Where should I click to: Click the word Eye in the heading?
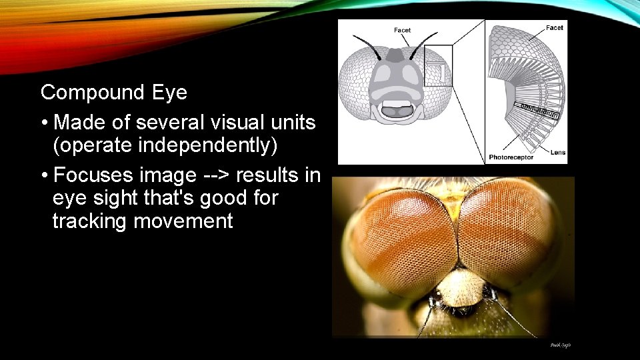pos(169,93)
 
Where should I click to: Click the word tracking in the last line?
pos(91,221)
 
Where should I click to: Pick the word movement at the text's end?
pos(183,221)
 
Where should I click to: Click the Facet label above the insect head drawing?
pos(403,30)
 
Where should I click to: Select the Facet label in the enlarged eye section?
pos(554,27)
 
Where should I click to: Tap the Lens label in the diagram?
pos(558,153)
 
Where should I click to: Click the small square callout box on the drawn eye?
pos(438,65)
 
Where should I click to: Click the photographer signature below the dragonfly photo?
pos(560,345)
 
